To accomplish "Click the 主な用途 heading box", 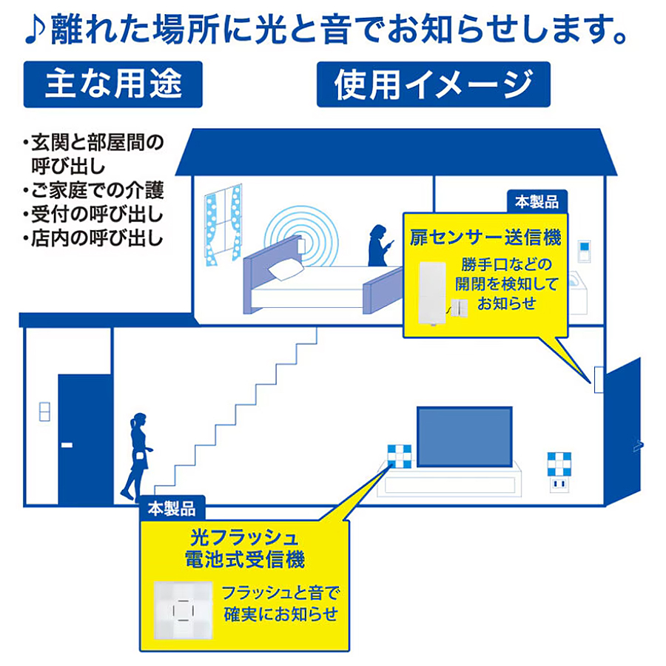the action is (x=113, y=84).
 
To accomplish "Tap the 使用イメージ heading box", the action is (x=434, y=84).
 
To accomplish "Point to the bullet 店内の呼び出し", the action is (x=93, y=238).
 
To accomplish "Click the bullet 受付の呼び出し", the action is (x=93, y=214).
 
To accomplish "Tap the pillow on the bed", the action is (x=286, y=270).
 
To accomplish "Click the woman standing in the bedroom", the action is (x=380, y=246).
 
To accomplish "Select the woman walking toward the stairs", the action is (x=137, y=455).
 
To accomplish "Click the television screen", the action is (x=465, y=437).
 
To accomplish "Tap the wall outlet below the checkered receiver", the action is (x=559, y=484).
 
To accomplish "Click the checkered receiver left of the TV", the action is (x=400, y=456).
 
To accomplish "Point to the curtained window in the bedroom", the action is (x=223, y=225).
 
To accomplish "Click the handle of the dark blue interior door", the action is (x=67, y=445).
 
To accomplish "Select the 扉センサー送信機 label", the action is (x=485, y=238).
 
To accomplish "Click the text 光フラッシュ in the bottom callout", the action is (x=244, y=538).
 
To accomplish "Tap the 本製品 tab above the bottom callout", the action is (x=172, y=508).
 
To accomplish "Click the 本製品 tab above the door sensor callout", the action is (x=537, y=201).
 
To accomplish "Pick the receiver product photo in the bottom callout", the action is (x=183, y=610).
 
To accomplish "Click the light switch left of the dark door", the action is (x=44, y=411).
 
